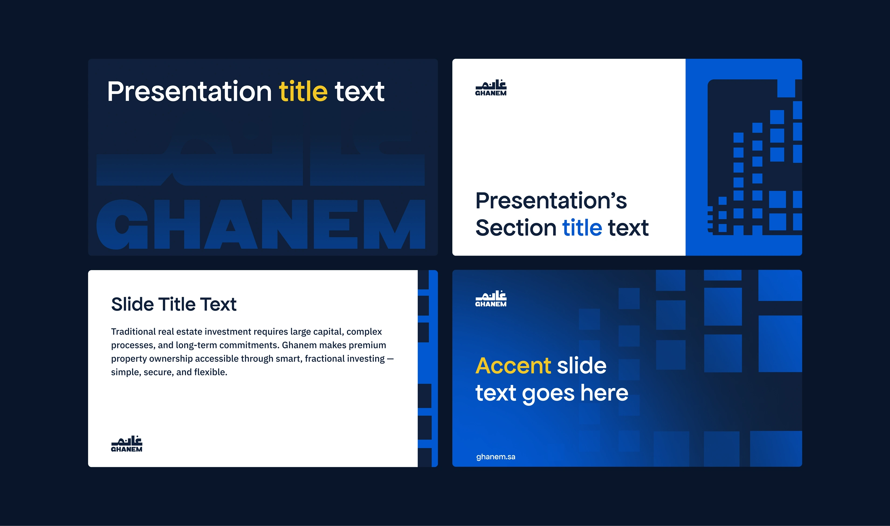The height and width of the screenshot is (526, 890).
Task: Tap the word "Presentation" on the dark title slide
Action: (189, 91)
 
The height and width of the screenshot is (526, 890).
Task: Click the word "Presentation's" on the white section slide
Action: (551, 200)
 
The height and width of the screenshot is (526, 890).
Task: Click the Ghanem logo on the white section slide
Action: (491, 88)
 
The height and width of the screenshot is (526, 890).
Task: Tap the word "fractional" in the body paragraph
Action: (324, 359)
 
